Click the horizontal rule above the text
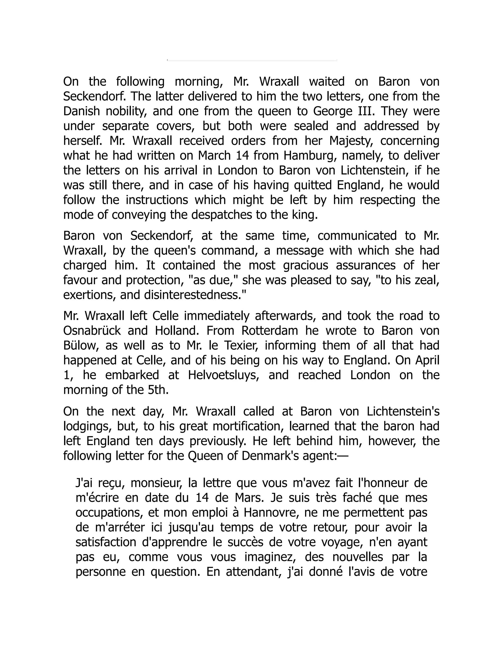(x=252, y=60)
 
